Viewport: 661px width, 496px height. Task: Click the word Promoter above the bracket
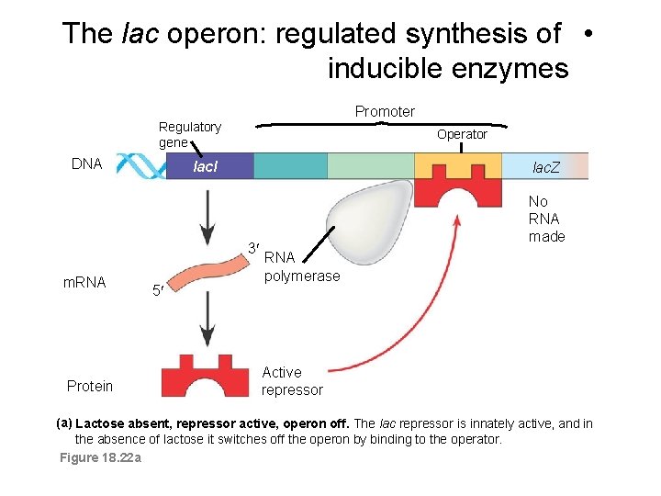pos(385,111)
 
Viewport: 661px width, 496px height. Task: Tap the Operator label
pos(462,134)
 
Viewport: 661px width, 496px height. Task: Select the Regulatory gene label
pos(189,134)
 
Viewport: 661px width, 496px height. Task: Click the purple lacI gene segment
pos(209,166)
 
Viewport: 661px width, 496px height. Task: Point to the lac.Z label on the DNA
pos(546,167)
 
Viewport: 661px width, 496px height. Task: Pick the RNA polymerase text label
pos(301,267)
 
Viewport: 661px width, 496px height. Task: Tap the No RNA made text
pos(546,219)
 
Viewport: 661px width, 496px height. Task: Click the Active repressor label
pos(292,381)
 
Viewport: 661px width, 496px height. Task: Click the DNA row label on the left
pos(86,163)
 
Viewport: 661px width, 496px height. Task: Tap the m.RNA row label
pos(84,282)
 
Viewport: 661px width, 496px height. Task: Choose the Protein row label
pos(90,386)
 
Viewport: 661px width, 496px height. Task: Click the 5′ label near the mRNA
pos(158,291)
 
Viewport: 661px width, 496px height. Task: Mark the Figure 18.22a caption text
pos(99,457)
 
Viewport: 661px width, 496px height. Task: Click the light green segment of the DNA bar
pos(370,166)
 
